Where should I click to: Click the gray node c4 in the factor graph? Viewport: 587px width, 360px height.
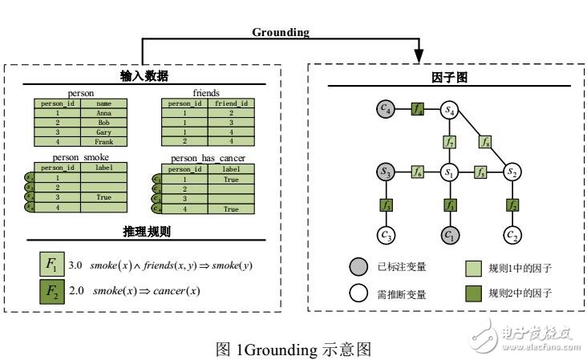pos(387,107)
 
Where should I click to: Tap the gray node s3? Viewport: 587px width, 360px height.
pos(387,171)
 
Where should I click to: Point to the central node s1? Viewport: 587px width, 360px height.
pos(450,171)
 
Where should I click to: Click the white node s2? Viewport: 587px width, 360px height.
pos(512,171)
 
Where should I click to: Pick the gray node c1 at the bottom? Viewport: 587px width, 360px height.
pos(450,236)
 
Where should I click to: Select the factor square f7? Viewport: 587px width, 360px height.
pos(450,141)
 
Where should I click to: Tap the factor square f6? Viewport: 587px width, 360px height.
pos(418,171)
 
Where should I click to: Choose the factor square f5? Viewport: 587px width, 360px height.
pos(480,171)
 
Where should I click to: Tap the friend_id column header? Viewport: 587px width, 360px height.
pos(231,103)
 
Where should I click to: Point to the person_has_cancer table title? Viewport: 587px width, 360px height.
pos(208,158)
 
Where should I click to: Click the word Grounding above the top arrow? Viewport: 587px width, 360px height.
pos(281,33)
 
